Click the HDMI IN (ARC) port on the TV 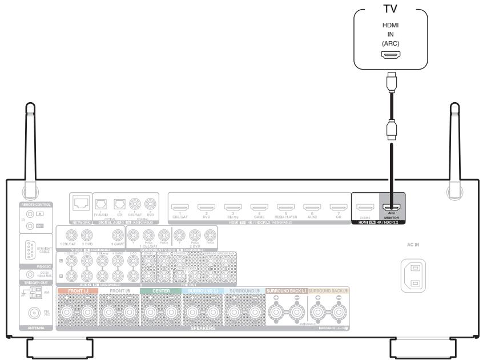pyautogui.click(x=390, y=55)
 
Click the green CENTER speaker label pyautogui.click(x=161, y=291)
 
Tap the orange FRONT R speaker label pyautogui.click(x=78, y=291)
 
